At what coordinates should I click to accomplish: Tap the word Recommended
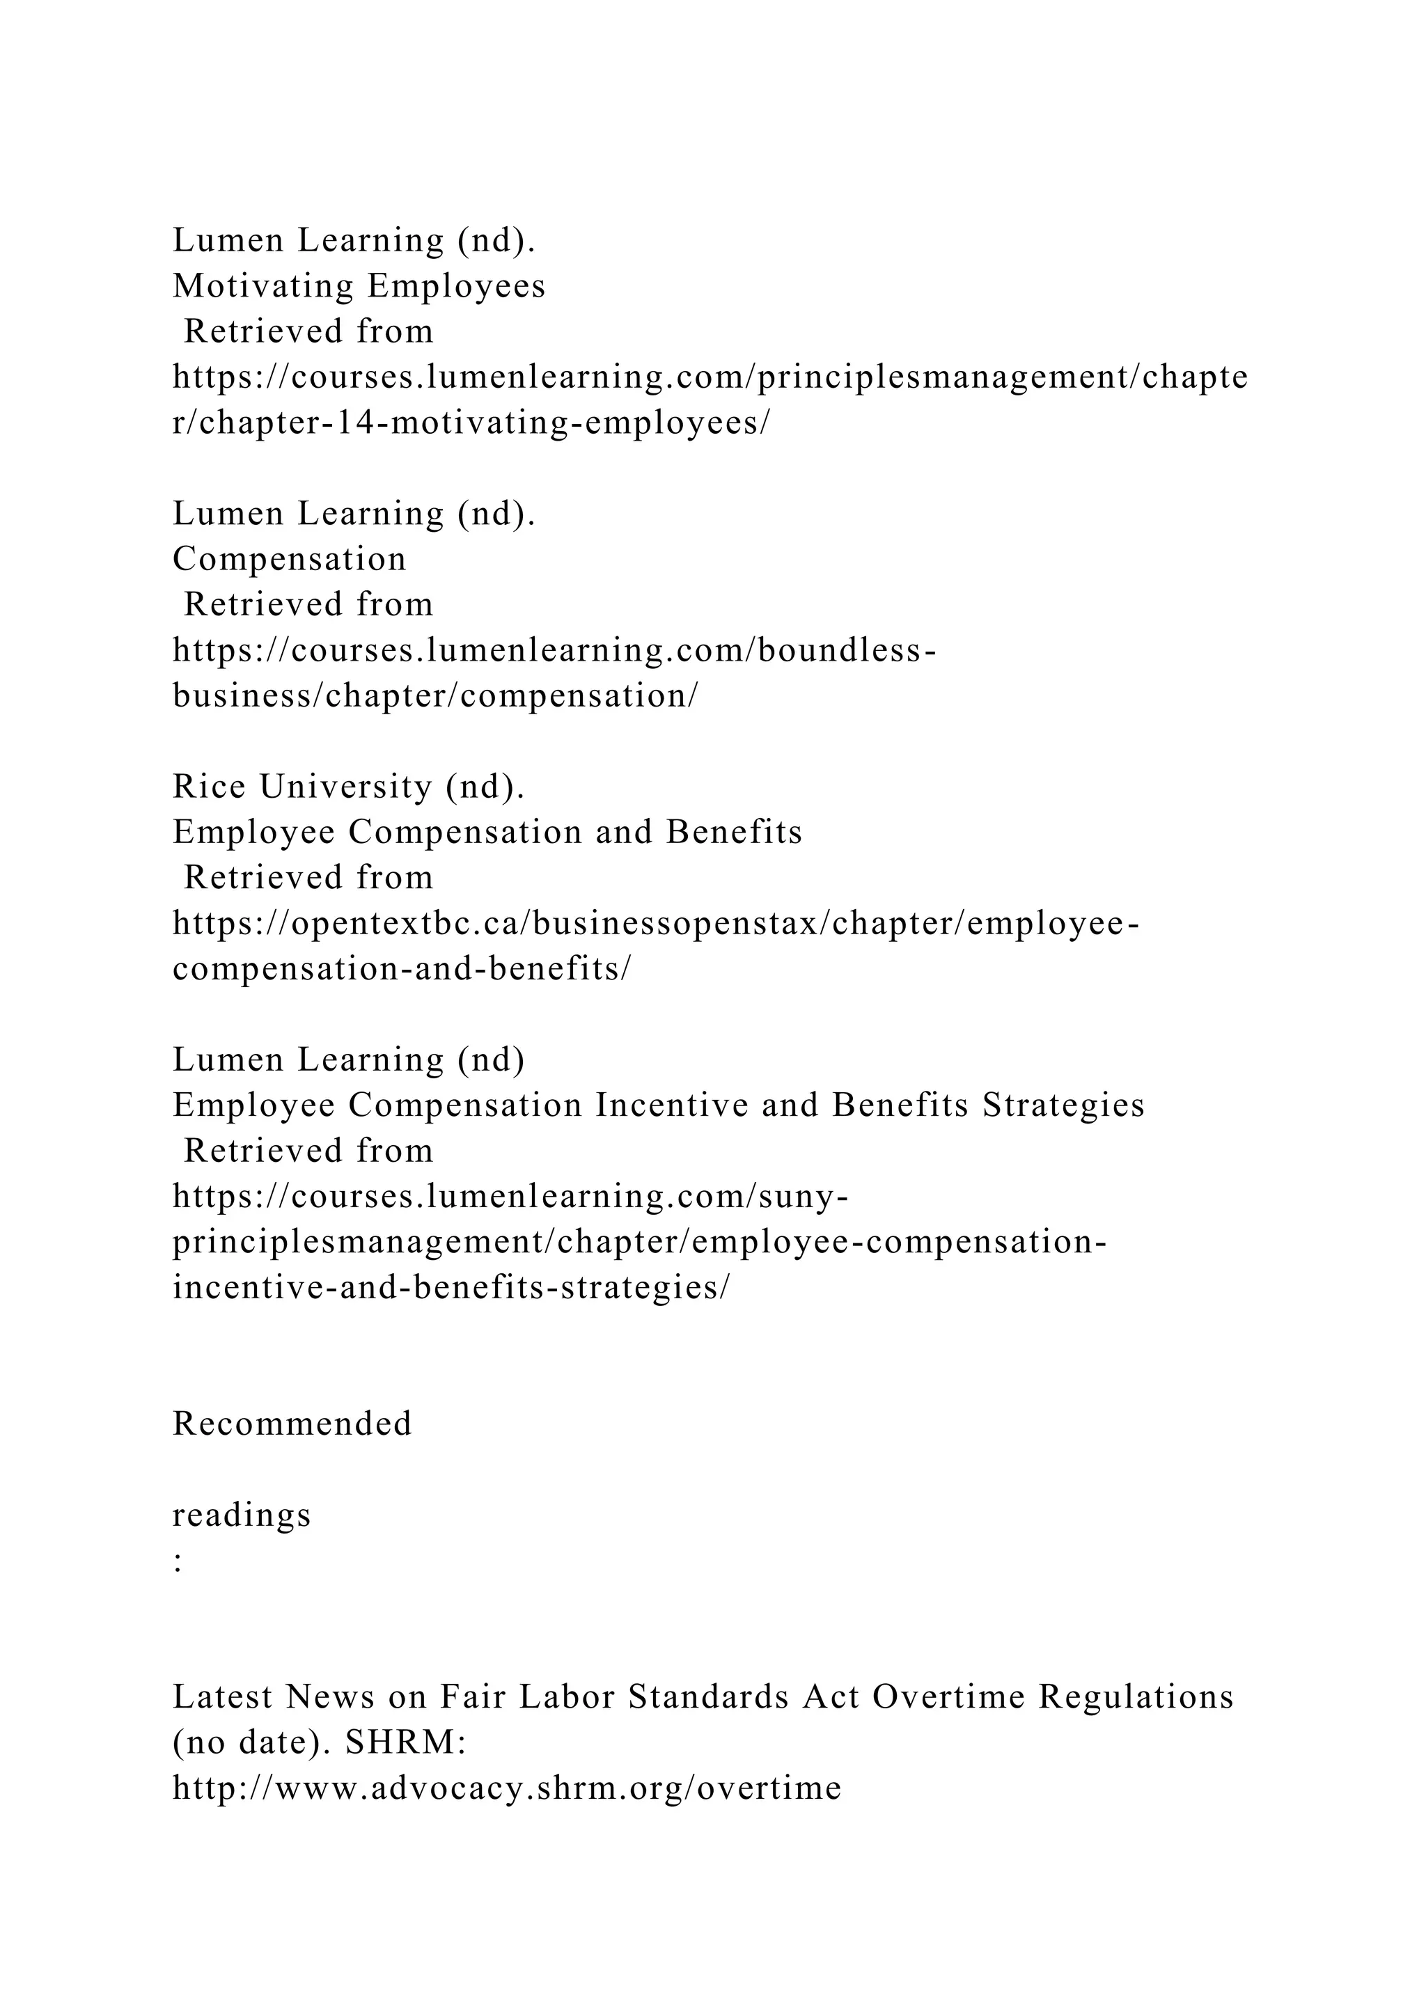(292, 1424)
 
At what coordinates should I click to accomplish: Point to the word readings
(242, 1515)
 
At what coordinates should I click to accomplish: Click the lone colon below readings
(178, 1561)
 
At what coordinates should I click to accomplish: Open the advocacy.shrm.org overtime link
(507, 1788)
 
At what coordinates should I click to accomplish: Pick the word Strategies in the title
(1063, 1105)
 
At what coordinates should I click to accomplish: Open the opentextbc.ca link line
(655, 924)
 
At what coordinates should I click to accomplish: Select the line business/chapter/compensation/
(435, 696)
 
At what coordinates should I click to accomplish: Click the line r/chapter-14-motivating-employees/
(471, 423)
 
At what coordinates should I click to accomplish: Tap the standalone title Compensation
(290, 559)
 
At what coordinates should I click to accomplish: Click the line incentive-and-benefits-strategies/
(450, 1288)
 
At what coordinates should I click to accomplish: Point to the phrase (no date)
(252, 1743)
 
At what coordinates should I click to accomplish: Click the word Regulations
(1136, 1697)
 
